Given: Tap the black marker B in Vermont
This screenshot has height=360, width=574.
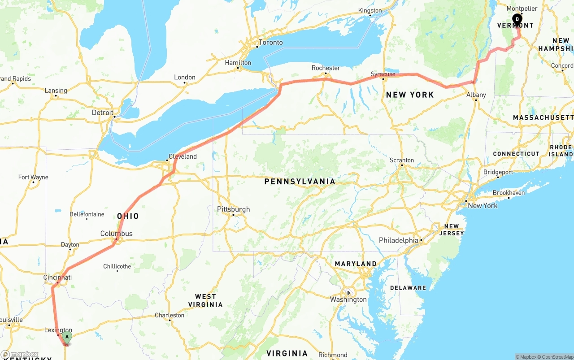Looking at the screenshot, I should pyautogui.click(x=517, y=19).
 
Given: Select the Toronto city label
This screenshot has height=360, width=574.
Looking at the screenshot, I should pyautogui.click(x=270, y=42).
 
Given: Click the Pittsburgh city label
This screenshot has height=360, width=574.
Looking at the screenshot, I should pyautogui.click(x=233, y=209).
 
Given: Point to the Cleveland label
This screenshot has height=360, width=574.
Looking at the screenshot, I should pyautogui.click(x=183, y=156).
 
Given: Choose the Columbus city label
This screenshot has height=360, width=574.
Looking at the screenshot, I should pyautogui.click(x=116, y=234).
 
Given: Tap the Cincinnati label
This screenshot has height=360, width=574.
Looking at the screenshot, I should pyautogui.click(x=57, y=278).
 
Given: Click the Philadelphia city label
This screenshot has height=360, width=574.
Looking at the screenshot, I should pyautogui.click(x=399, y=240).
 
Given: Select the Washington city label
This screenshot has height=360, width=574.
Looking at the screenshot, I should pyautogui.click(x=348, y=299).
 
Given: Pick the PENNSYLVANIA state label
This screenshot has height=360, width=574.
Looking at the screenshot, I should pyautogui.click(x=300, y=182).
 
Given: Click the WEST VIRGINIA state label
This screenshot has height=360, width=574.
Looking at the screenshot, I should pyautogui.click(x=209, y=300).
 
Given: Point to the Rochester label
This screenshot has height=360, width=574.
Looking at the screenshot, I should pyautogui.click(x=326, y=68).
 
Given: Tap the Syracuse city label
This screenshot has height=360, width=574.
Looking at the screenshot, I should pyautogui.click(x=383, y=74).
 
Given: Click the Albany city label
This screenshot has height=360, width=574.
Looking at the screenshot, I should pyautogui.click(x=476, y=95).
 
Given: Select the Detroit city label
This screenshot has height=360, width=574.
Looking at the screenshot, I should pyautogui.click(x=103, y=113).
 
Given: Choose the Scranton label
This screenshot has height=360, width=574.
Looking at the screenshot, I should pyautogui.click(x=401, y=160).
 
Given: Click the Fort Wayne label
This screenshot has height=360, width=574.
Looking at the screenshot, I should pyautogui.click(x=33, y=177).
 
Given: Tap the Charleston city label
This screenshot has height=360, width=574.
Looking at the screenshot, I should pyautogui.click(x=170, y=315).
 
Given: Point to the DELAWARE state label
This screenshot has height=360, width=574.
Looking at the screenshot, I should pyautogui.click(x=408, y=288).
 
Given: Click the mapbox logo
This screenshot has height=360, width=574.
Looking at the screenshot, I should pyautogui.click(x=20, y=354).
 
